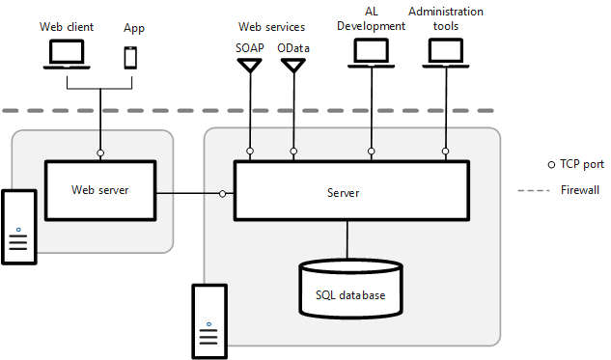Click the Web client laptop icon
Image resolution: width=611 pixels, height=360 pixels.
[x=67, y=55]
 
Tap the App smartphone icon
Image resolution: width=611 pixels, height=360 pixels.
[x=130, y=56]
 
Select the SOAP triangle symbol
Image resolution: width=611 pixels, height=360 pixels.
[x=250, y=66]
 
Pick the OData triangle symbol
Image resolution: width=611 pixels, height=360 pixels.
[x=293, y=66]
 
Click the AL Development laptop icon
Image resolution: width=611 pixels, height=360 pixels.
[x=370, y=55]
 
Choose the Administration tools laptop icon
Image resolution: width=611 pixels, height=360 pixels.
[x=445, y=55]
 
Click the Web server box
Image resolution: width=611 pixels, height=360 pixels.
[x=100, y=190]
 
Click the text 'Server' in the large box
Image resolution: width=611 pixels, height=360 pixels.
[x=343, y=193]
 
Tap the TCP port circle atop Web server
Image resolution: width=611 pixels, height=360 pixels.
[x=100, y=152]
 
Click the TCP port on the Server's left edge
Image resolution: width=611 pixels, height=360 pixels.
[x=223, y=194]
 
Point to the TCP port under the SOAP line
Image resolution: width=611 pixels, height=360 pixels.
[x=250, y=152]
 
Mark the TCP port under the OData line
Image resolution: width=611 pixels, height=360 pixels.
[x=293, y=152]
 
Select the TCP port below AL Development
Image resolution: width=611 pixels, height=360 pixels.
[x=370, y=152]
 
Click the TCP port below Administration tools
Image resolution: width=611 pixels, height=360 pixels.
[x=445, y=152]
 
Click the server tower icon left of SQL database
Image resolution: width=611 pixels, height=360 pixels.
[x=209, y=320]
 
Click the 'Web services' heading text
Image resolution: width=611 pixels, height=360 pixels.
[x=271, y=26]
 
